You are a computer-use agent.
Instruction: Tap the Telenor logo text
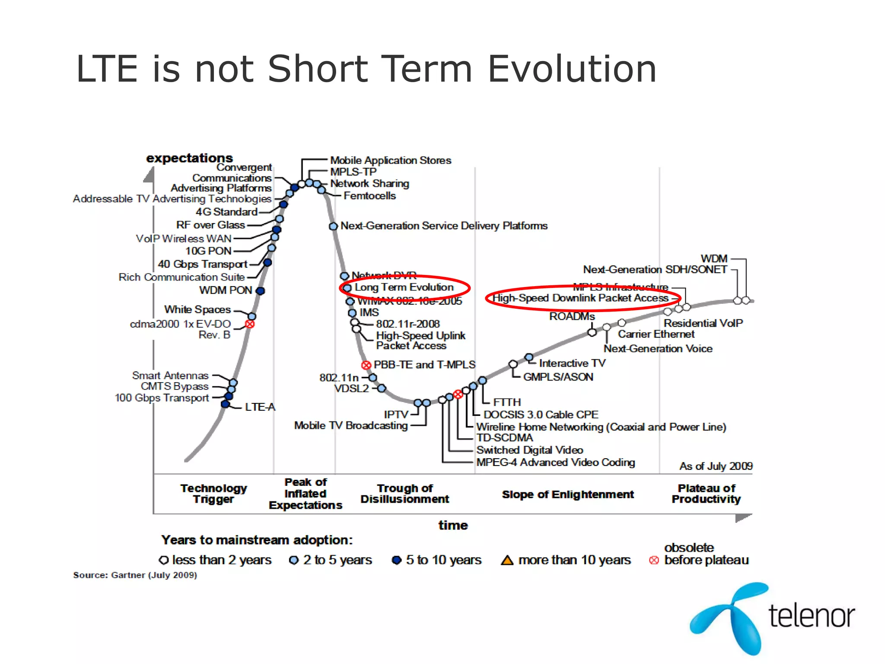tap(812, 616)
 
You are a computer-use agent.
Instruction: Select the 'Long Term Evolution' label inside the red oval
tap(404, 287)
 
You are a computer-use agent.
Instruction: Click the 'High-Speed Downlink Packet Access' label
tap(580, 298)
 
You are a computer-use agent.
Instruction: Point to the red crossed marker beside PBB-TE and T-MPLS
tap(366, 365)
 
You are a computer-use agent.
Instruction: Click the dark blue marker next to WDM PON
tap(260, 291)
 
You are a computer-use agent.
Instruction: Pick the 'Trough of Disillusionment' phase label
tap(404, 494)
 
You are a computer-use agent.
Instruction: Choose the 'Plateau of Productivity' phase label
tap(706, 494)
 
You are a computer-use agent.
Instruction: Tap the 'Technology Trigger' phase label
tap(213, 494)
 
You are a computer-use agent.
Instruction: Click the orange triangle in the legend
tap(507, 560)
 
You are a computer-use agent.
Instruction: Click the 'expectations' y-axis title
tap(189, 158)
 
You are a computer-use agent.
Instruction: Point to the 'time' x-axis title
tap(453, 525)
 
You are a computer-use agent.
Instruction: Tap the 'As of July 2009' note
tap(716, 466)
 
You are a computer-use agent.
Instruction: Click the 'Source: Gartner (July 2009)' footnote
tap(135, 575)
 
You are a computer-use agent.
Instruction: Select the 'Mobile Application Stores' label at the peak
tap(390, 160)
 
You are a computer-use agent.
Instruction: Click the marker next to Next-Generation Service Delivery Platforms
tap(333, 226)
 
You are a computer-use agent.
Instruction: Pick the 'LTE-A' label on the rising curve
tap(260, 407)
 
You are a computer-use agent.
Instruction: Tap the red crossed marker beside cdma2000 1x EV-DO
tap(250, 324)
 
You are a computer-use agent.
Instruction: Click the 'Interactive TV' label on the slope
tap(572, 363)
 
